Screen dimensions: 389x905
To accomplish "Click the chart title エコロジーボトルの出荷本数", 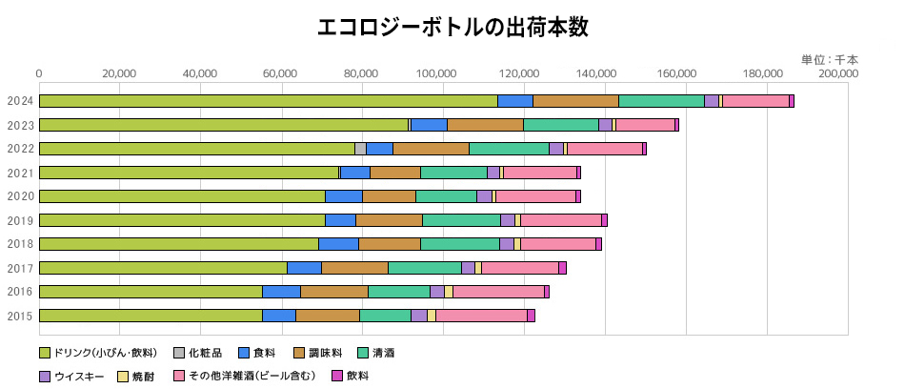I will tap(452, 27).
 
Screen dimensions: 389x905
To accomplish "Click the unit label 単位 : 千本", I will tap(829, 59).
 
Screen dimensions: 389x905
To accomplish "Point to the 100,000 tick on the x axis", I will tap(443, 73).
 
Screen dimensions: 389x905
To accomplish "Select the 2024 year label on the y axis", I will tap(20, 101).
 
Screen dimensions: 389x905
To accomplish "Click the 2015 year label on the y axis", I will tap(20, 316).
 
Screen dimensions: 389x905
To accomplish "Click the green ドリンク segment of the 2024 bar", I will tap(268, 101).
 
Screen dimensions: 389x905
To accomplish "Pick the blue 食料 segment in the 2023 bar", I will tap(429, 125).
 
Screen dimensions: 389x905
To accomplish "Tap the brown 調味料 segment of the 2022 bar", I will tap(431, 149).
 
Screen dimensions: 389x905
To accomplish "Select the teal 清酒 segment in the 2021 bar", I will tap(453, 173).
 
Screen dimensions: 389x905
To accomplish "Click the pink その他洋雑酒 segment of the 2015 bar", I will tap(481, 316).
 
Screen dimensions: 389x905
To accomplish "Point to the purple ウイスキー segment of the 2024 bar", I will tap(712, 101).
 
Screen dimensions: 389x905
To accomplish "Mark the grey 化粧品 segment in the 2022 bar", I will tap(360, 149).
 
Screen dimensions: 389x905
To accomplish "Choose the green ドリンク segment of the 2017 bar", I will tap(163, 268).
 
